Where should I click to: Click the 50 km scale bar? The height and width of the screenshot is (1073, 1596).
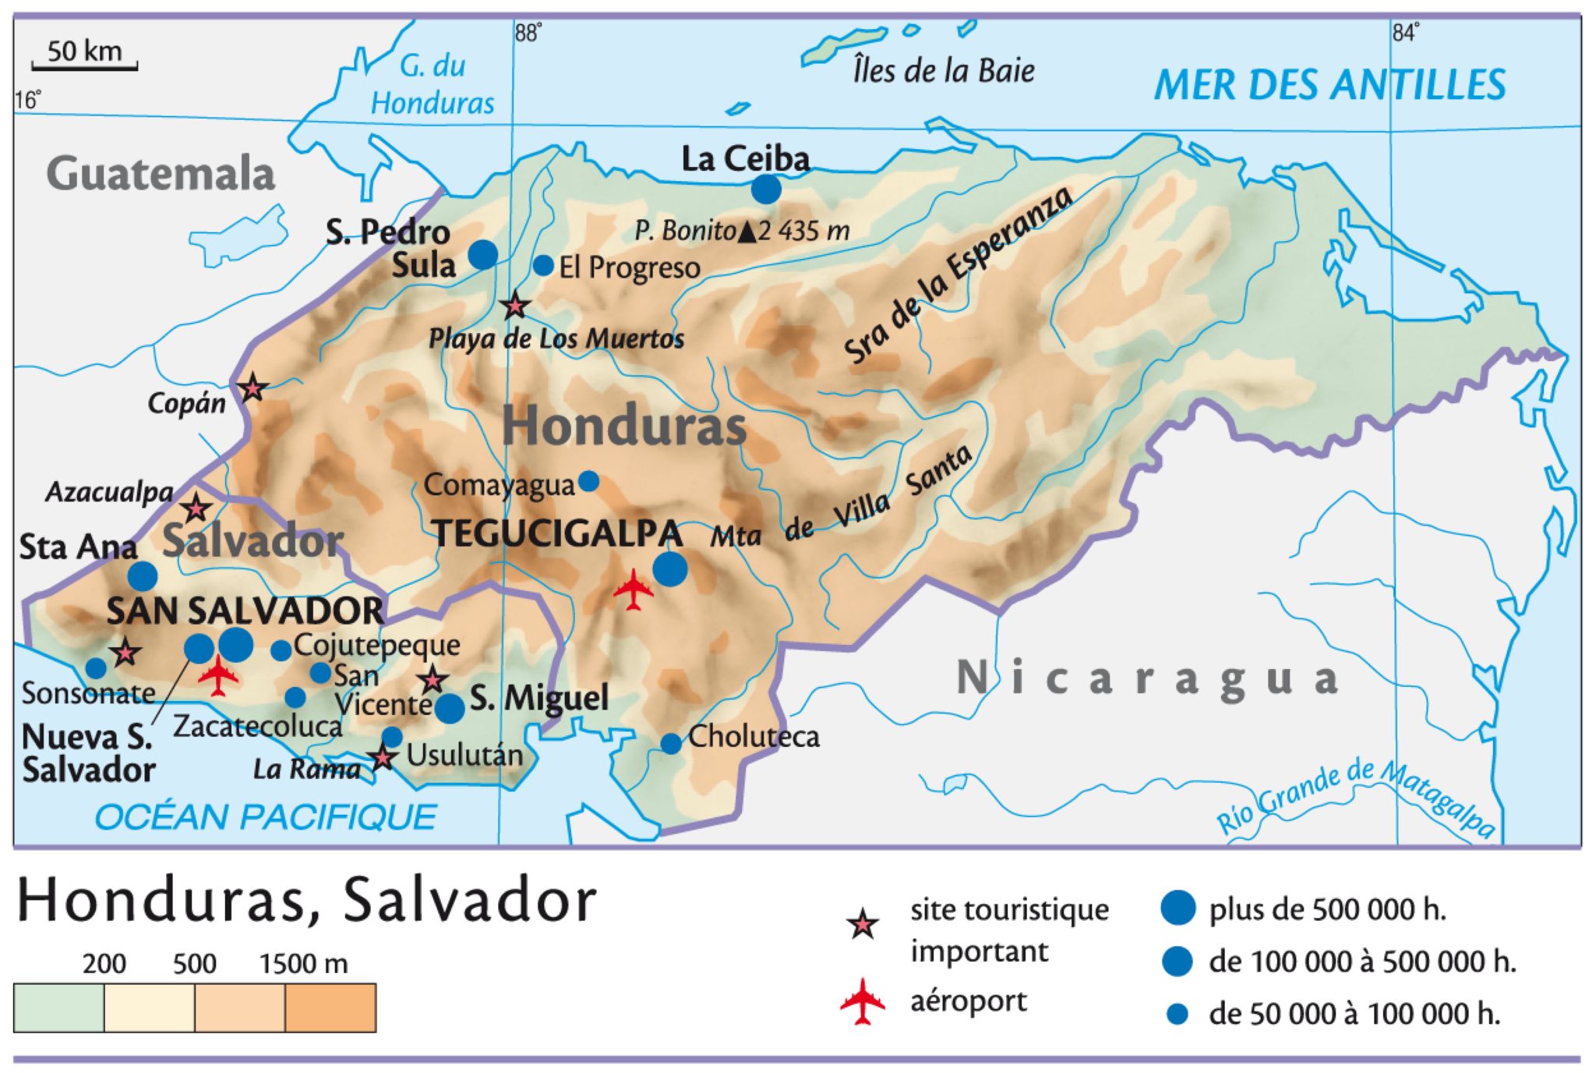click(x=84, y=67)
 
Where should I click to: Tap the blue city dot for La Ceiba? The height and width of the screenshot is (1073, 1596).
click(x=766, y=189)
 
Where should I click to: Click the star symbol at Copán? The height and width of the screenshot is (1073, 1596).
click(x=252, y=387)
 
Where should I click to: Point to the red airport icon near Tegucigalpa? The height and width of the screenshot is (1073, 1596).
click(x=634, y=590)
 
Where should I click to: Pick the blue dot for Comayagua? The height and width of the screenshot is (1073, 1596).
click(x=589, y=481)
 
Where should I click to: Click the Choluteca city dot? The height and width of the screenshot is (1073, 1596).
click(x=671, y=743)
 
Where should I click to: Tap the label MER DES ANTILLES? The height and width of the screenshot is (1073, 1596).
click(x=1329, y=85)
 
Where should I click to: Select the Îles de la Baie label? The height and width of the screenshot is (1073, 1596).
click(x=944, y=71)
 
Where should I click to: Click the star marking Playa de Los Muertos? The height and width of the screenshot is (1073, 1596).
click(x=514, y=306)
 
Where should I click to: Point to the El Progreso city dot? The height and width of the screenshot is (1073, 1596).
click(x=543, y=265)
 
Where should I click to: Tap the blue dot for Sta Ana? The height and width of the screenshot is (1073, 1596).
click(x=142, y=576)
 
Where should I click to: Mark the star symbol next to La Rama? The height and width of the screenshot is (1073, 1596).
click(x=382, y=756)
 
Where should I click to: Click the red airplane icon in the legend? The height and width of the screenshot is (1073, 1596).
click(x=863, y=1000)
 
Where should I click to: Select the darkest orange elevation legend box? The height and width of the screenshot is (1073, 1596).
click(x=330, y=1007)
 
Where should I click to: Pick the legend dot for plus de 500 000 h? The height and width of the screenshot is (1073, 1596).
click(x=1178, y=908)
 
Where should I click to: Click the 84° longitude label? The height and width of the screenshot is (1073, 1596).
click(x=1405, y=33)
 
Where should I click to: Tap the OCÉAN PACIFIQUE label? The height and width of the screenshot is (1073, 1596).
click(x=265, y=817)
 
